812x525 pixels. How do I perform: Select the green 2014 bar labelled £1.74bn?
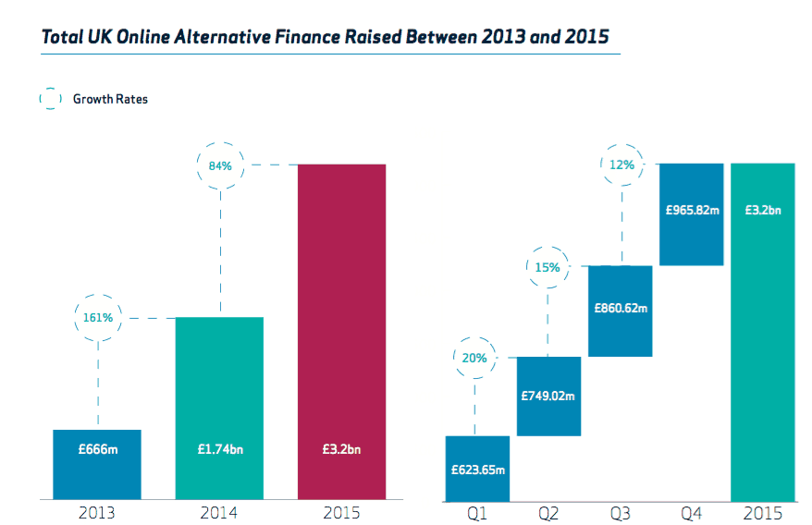(x=219, y=407)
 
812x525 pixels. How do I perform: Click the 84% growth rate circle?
(x=220, y=165)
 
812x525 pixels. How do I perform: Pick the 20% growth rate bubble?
(x=475, y=358)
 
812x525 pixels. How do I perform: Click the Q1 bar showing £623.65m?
(x=477, y=468)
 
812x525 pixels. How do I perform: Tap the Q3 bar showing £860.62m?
(x=621, y=311)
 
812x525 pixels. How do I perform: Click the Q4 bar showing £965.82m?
(x=692, y=214)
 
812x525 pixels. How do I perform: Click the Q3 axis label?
(x=621, y=513)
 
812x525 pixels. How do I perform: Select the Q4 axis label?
(x=692, y=513)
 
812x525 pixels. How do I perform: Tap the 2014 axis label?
(x=219, y=513)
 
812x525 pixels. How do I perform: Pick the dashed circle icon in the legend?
(x=50, y=99)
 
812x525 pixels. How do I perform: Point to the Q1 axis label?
(x=477, y=513)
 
